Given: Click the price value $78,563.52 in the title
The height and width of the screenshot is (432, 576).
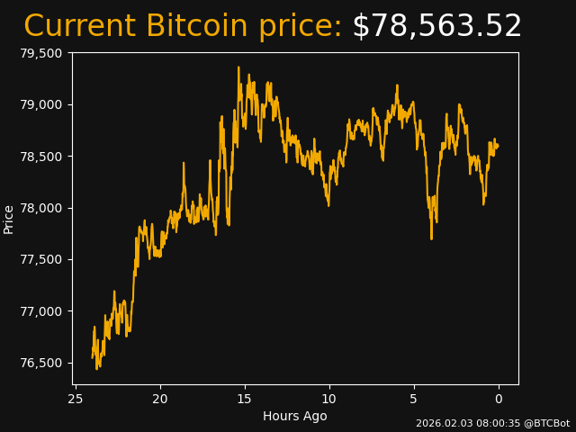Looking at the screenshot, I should click(436, 27).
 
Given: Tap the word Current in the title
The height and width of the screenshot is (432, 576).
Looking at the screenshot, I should click(80, 27).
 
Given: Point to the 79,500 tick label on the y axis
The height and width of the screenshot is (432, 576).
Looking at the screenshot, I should click(40, 53).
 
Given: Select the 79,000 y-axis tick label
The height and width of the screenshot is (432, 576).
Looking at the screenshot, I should click(40, 104).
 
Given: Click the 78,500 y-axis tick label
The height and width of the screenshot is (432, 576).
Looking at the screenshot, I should click(40, 157).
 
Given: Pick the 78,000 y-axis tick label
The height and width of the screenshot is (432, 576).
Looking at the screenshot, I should click(40, 208).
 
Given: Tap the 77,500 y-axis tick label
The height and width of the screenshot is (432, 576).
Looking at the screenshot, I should click(40, 260).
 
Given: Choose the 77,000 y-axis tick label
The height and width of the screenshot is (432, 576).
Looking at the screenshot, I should click(40, 311).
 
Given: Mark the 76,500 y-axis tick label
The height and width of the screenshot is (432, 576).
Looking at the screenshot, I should click(40, 363).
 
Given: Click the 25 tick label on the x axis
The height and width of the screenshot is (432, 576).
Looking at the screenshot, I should click(76, 399).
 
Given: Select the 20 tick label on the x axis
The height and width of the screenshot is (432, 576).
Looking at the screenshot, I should click(160, 399).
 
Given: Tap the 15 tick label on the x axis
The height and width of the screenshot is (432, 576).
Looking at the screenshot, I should click(245, 399).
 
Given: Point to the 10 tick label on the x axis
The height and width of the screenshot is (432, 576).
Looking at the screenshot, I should click(329, 399).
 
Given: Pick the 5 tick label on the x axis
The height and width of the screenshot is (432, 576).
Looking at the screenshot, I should click(414, 399).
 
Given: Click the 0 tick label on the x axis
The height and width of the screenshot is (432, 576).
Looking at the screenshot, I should click(499, 399).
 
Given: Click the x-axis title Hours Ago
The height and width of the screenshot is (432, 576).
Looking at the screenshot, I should click(295, 416).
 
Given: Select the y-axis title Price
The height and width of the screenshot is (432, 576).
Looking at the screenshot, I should click(9, 219).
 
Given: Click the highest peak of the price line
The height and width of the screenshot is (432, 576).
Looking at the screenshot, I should click(238, 67).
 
